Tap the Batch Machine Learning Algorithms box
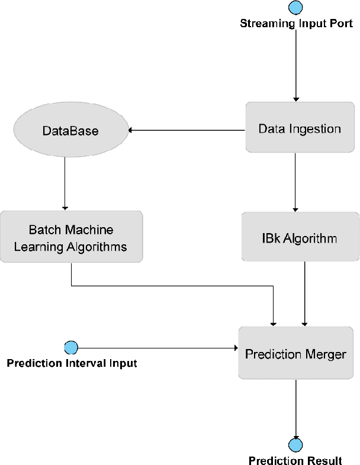tap(70, 237)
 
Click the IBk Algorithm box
tap(300, 238)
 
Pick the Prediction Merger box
tap(295, 354)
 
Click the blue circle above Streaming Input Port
tap(295, 8)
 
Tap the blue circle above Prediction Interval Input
tap(71, 347)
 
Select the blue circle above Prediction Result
tap(295, 445)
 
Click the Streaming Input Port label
tap(296, 24)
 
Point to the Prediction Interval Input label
tap(72, 363)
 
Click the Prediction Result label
tap(295, 461)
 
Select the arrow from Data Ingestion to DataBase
tap(187, 130)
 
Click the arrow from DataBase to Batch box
tap(64, 183)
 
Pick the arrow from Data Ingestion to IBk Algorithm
tap(295, 183)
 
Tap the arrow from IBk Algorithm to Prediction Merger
tap(304, 293)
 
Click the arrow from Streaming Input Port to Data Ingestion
tap(295, 65)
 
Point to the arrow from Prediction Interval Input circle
tap(157, 348)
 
